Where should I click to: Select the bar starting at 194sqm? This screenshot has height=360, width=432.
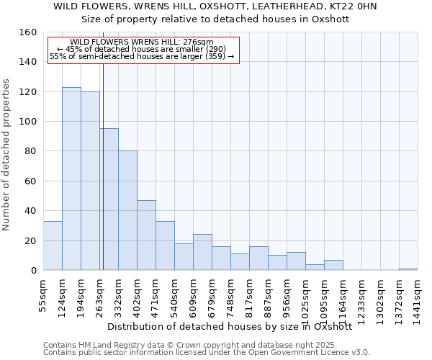[x=90, y=181]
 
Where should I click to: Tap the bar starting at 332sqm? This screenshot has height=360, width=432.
[x=127, y=210]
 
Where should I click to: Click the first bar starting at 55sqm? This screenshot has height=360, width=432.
[x=53, y=246]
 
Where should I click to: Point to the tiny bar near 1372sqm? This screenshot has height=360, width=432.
[x=408, y=269]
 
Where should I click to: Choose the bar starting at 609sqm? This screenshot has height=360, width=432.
[x=202, y=252]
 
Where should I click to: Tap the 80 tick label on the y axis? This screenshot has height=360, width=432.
[x=31, y=151]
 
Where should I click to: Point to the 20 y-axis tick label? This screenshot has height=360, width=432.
[x=31, y=240]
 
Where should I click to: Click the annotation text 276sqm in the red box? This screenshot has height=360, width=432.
[x=142, y=42]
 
